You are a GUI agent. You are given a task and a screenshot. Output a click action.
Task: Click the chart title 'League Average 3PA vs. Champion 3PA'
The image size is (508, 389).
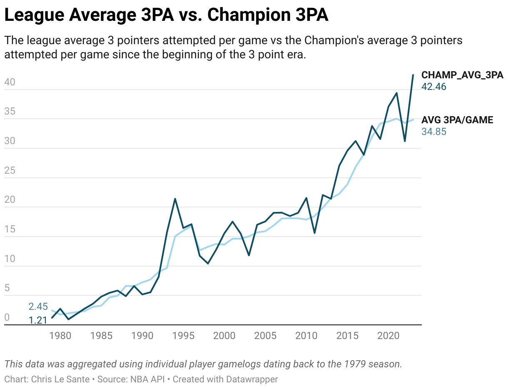[x=166, y=16]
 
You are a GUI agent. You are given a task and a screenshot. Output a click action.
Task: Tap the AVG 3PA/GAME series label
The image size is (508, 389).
[x=457, y=120]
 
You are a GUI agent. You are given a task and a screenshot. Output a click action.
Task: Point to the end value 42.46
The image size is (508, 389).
[x=434, y=87]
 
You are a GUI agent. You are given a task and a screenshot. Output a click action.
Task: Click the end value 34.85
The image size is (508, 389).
[x=434, y=132]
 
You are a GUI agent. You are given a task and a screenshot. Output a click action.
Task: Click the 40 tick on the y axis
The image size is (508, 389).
[x=10, y=82]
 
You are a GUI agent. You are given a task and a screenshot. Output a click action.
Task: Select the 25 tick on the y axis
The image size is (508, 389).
[x=10, y=170]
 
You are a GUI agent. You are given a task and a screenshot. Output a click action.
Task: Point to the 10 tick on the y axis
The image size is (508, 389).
[x=10, y=259]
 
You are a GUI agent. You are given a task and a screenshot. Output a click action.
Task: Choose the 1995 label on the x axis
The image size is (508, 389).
[x=183, y=336]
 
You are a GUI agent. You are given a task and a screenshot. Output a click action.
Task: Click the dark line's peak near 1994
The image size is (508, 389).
[x=175, y=199]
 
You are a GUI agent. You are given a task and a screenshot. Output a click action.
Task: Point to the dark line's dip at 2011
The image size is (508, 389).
[x=315, y=233]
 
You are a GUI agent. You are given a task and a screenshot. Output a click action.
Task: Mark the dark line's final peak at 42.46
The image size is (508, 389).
[x=413, y=75]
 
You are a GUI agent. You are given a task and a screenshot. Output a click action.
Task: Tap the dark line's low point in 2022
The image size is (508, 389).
[x=405, y=141]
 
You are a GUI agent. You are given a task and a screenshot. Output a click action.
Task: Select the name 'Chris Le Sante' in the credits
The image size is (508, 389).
[x=60, y=379]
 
